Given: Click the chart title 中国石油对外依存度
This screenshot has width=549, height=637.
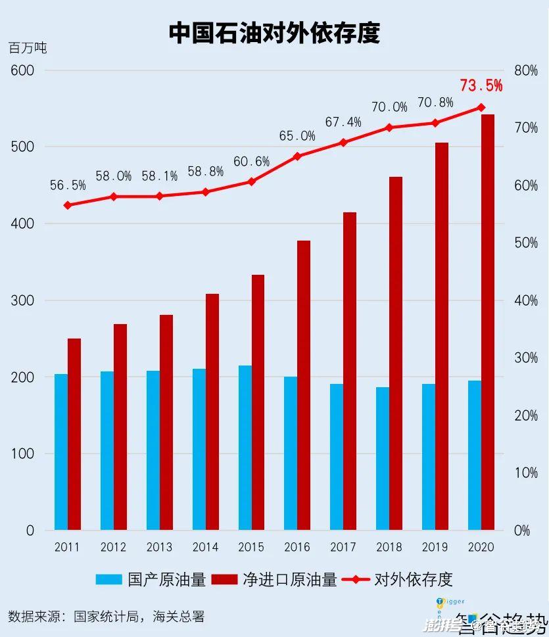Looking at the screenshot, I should pos(274,32).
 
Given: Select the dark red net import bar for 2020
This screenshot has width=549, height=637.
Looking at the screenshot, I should pos(488,322).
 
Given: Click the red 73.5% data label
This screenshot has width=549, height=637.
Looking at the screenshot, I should pos(481,85).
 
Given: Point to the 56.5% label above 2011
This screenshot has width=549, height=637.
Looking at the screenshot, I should pos(68,185).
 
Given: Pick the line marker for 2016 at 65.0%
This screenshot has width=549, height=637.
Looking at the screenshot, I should pos(297,156).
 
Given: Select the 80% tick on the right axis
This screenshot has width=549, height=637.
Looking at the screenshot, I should pos(525,70).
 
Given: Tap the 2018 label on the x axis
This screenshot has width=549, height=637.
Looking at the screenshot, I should pos(389,547).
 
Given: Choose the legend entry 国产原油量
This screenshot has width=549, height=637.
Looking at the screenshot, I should pos(151,579).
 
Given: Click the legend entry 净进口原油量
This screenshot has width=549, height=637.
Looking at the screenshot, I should pos(275,579).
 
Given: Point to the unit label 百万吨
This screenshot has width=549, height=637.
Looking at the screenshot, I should pos(28,48).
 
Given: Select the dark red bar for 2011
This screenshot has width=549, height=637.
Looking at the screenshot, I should pos(74,434).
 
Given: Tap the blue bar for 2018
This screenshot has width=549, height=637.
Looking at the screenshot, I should pos(382,458).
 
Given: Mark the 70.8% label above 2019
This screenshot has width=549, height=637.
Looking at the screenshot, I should pos(435,103).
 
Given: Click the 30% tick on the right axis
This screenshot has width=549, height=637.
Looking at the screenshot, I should pos(525,358).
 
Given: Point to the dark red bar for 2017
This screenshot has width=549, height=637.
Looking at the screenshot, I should pos(350,371).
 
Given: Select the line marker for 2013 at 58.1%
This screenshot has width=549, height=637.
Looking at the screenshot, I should pos(159,196).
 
